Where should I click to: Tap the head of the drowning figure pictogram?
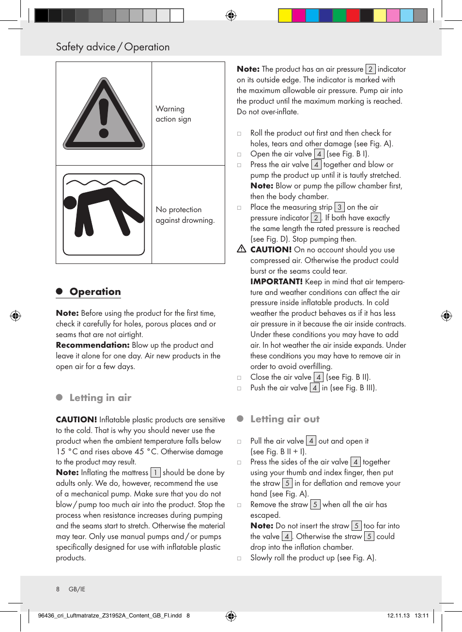coord(70,202)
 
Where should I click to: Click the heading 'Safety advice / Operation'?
coord(113,47)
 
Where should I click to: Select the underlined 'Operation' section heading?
coord(95,292)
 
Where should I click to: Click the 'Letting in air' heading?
coord(100,398)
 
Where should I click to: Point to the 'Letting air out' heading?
coord(285,419)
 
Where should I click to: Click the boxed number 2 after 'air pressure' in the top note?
coord(370,69)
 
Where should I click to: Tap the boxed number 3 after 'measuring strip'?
coord(339,207)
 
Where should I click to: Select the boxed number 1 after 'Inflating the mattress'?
coord(155,473)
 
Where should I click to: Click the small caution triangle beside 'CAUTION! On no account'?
coord(242,249)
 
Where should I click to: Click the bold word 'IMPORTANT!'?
coord(276,281)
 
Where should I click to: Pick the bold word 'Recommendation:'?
coord(92,345)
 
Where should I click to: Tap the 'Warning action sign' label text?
coord(173,114)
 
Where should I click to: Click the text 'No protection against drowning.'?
coord(185,215)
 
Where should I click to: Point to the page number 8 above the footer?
coord(58,589)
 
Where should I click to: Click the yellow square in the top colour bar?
coord(285,15)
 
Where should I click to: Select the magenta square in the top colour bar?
coord(298,15)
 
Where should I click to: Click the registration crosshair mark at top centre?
coord(231,15)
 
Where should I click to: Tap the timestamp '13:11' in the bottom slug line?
coord(422,616)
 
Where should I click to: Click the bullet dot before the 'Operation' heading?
coord(60,291)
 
